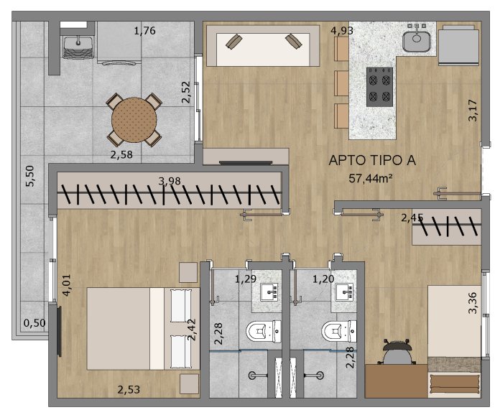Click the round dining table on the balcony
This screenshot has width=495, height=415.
(134, 120)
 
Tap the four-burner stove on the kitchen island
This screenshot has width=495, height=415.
(380, 87)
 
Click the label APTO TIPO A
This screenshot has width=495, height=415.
(372, 160)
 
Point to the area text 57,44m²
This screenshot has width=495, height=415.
(371, 179)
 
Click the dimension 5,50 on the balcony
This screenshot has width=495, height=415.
(30, 176)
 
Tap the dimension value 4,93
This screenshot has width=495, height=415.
(342, 31)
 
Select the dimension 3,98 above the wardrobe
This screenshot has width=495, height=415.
(170, 181)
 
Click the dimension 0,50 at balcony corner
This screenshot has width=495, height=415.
(34, 323)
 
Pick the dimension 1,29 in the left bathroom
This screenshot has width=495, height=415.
(246, 279)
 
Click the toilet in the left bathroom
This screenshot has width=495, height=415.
(263, 331)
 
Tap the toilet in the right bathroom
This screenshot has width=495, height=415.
(339, 331)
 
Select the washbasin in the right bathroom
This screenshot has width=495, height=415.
(345, 292)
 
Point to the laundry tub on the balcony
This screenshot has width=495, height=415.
(78, 47)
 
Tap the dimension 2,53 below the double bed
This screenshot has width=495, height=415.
(129, 389)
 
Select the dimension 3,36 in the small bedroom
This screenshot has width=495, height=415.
(473, 303)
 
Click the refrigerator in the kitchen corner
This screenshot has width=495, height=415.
(458, 45)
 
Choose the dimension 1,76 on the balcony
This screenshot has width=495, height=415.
(144, 31)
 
